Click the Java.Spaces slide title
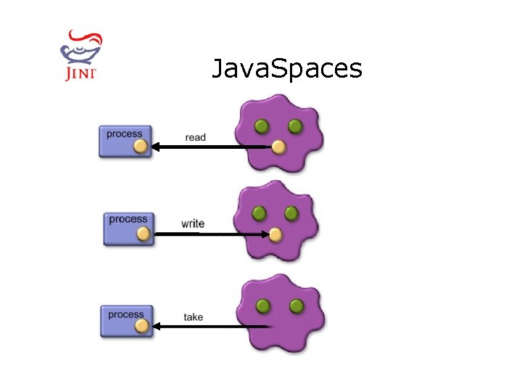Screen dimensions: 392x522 [286, 68]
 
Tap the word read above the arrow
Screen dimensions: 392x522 [196, 137]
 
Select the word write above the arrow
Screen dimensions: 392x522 [193, 224]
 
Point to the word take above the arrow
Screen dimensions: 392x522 [194, 317]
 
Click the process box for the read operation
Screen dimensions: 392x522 [125, 141]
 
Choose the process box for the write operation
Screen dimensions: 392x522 [128, 227]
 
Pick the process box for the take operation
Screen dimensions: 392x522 [127, 321]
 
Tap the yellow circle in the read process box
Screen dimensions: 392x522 [141, 147]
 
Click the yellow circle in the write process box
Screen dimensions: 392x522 [144, 234]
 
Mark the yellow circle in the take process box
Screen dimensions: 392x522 [141, 327]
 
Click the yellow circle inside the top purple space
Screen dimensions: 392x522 [278, 148]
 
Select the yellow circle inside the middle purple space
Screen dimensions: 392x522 [275, 234]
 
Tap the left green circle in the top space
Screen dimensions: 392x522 [262, 127]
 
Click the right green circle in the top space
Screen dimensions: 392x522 [294, 127]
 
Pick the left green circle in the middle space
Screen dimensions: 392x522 [259, 213]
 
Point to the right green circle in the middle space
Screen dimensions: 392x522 [291, 213]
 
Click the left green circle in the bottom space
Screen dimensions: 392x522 [264, 306]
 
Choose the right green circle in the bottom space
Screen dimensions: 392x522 [296, 306]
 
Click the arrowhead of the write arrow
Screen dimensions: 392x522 [265, 234]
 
